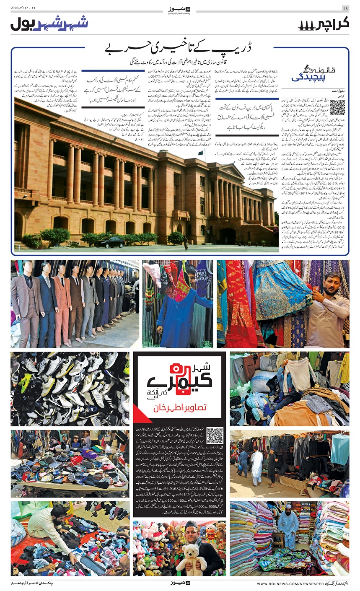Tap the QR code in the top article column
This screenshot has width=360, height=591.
337,107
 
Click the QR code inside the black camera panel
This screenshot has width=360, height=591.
215,435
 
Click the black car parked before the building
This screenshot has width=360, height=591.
110,242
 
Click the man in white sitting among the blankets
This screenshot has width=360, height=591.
288,528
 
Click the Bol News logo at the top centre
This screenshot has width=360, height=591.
179,8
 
